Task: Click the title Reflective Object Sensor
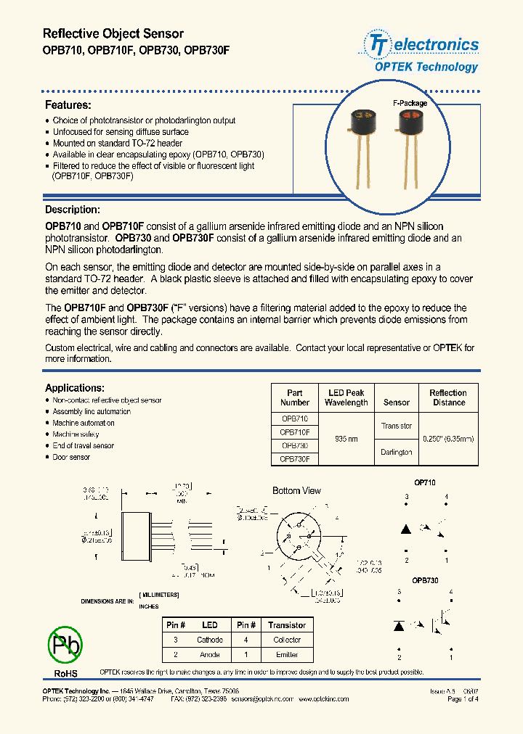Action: pos(113,34)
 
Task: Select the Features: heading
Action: pos(68,105)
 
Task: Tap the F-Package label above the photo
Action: pos(410,103)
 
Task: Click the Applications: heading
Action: pos(75,388)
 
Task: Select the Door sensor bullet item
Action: pos(71,458)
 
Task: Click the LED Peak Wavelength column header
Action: pos(346,397)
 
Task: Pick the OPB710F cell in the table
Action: pos(294,432)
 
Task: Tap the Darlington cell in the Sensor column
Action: pos(396,452)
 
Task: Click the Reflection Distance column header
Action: pos(448,397)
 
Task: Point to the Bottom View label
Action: pos(296,491)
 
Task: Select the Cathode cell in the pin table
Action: pos(210,640)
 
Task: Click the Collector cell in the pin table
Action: pos(287,640)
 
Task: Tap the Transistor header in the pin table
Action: pos(287,625)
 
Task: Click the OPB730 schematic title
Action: pos(425,580)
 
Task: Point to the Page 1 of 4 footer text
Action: pos(463,699)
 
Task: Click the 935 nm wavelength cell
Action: pos(346,439)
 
